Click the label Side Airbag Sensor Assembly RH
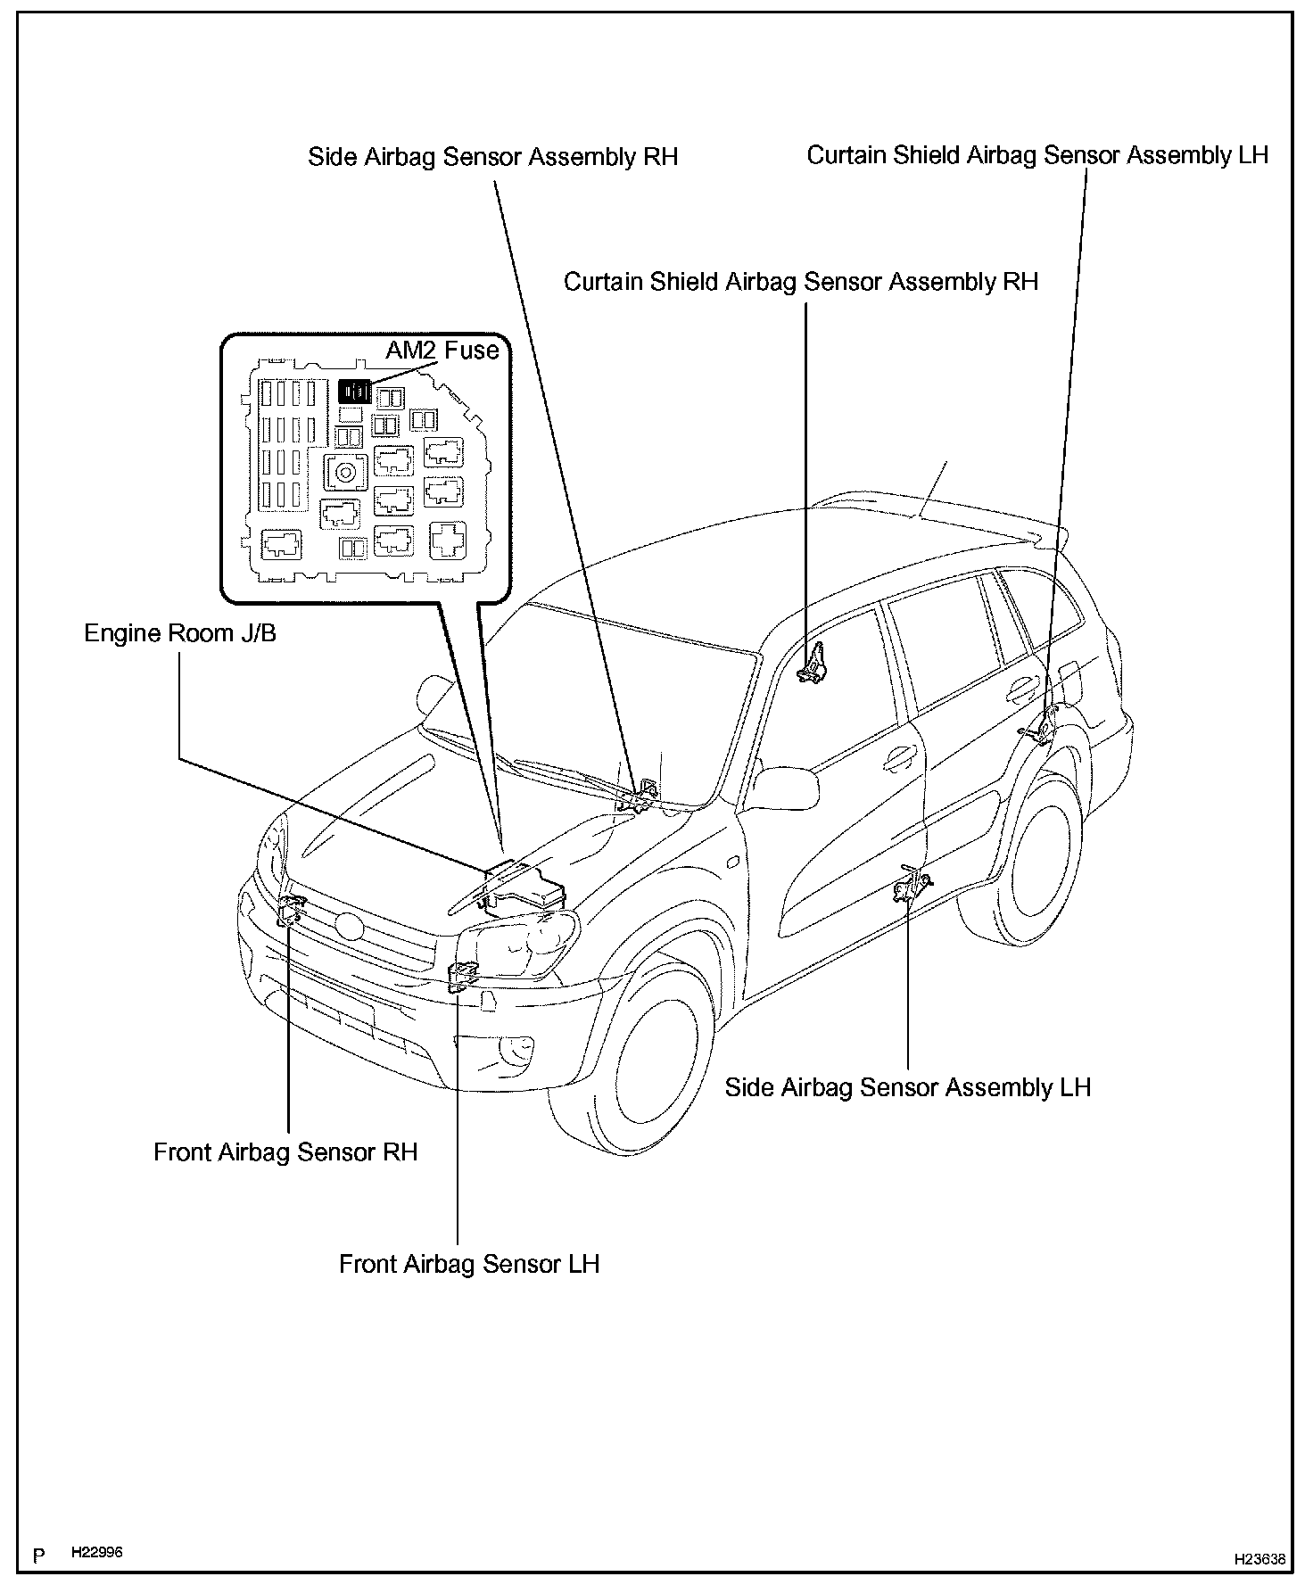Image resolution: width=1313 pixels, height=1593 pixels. (492, 157)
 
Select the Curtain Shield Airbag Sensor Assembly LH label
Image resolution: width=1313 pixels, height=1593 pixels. (1036, 155)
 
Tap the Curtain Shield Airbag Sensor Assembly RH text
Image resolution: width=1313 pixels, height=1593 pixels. (801, 282)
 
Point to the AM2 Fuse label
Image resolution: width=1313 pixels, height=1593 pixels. (442, 350)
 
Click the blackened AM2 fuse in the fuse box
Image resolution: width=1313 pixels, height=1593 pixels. (354, 391)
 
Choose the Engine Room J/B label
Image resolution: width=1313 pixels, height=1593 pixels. (180, 633)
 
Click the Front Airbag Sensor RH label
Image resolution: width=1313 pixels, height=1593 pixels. (285, 1152)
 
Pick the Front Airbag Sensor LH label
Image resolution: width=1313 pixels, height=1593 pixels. (469, 1264)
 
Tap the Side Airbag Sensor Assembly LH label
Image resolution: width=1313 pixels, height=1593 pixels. (907, 1087)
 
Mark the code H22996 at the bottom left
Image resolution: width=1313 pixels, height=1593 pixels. (97, 1553)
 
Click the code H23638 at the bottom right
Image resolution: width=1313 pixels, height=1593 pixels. (1259, 1559)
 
